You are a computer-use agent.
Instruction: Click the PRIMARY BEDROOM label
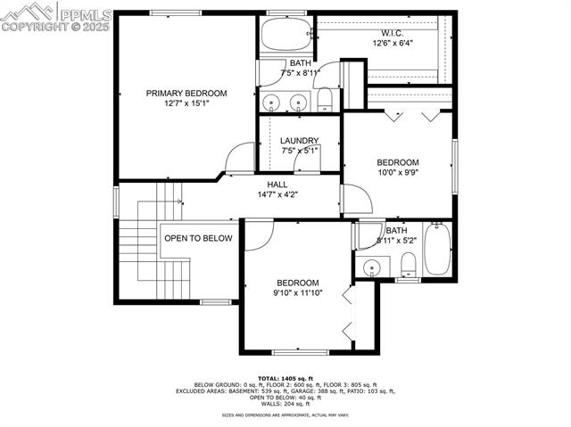(186, 93)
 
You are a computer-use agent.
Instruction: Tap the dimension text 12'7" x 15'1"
(186, 103)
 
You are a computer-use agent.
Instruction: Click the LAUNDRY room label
(299, 140)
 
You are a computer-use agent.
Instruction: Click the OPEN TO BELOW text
(198, 238)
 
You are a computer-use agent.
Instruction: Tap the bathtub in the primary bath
(284, 37)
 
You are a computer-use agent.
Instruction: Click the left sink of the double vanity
(270, 102)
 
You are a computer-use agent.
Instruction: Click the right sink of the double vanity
(298, 102)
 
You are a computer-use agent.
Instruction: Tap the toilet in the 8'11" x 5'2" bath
(408, 264)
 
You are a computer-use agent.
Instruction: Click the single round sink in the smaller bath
(371, 265)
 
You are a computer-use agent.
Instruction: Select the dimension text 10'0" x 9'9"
(397, 173)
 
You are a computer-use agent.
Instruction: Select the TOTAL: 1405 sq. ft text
(285, 379)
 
